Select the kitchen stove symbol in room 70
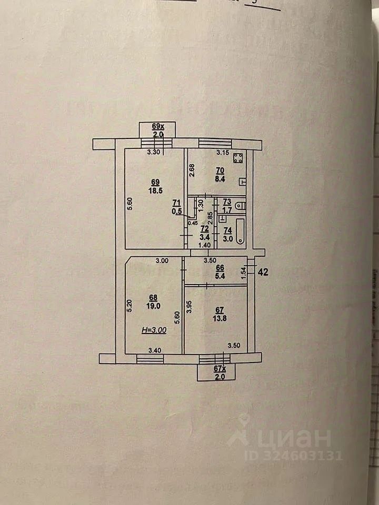[238, 157]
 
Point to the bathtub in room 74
[240, 231]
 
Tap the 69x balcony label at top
[158, 127]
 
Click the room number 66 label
[221, 267]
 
